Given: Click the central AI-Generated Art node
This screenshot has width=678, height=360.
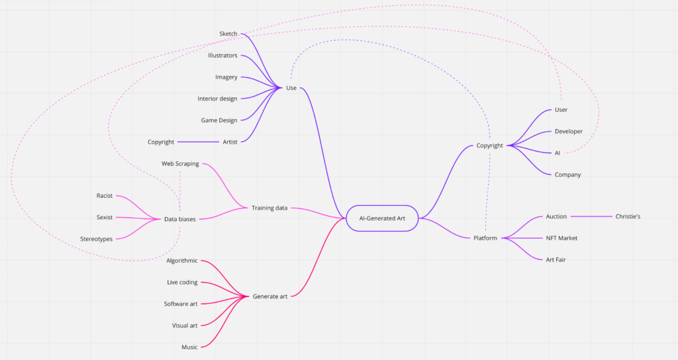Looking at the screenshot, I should (x=382, y=218).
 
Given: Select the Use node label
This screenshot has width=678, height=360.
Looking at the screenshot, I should (x=291, y=88).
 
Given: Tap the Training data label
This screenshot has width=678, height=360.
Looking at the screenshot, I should (x=269, y=208).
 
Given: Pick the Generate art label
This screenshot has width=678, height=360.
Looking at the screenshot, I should (x=269, y=296).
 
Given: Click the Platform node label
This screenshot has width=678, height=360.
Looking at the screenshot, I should (x=485, y=238).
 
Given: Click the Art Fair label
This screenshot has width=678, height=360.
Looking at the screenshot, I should (x=556, y=259).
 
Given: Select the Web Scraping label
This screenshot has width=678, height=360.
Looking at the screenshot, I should (x=180, y=163).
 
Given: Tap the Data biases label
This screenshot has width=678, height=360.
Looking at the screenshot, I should (x=180, y=219).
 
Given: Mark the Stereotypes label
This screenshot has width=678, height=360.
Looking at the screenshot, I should (x=96, y=239).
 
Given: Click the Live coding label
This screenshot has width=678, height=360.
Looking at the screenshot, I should (x=182, y=283).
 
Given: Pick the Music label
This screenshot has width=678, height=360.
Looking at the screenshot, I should (x=189, y=347).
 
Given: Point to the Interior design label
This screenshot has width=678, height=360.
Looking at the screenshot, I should (x=217, y=99).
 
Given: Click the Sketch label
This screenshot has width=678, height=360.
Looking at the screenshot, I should (x=228, y=34).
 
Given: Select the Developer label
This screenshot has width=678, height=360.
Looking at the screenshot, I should (x=568, y=131).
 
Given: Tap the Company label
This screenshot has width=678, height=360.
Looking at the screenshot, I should (x=567, y=175).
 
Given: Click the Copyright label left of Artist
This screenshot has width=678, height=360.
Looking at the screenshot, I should (x=161, y=142).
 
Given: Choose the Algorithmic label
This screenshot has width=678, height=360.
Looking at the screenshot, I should (x=182, y=261).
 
